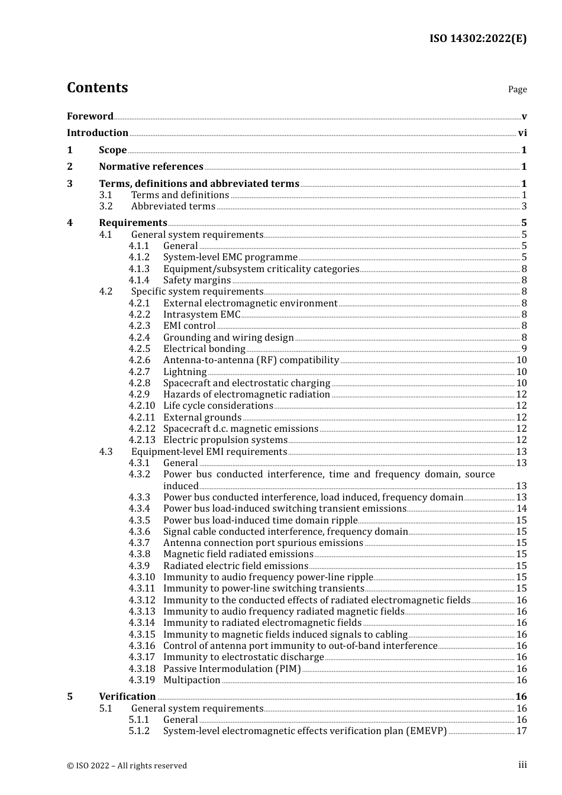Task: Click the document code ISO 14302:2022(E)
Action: (477, 38)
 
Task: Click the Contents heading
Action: (97, 88)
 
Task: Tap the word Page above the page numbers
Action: (517, 89)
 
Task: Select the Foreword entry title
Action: (90, 117)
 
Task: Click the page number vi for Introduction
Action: (522, 133)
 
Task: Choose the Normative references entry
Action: (151, 167)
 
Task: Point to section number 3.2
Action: (106, 206)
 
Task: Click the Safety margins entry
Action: (197, 280)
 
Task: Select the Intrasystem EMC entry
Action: (202, 315)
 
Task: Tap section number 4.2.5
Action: (140, 349)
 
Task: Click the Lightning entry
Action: (185, 372)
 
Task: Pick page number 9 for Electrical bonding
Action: (524, 349)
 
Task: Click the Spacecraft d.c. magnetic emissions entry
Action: (241, 429)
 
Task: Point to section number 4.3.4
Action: (140, 509)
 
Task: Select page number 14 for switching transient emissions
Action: (521, 509)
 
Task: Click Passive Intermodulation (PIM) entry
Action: (232, 669)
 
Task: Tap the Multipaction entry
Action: (192, 680)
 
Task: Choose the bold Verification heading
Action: (127, 697)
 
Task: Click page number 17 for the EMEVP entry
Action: (521, 731)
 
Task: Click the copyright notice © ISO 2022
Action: (127, 765)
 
